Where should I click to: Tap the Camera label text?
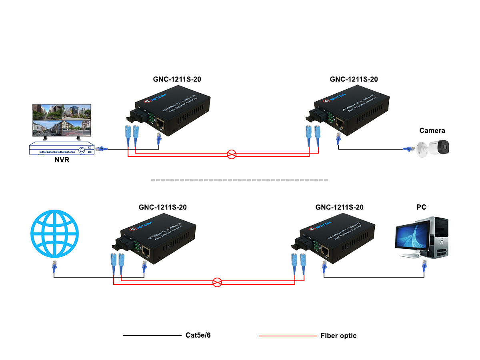(x=432, y=130)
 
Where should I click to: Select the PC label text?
(x=421, y=207)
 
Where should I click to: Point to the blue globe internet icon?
(x=55, y=234)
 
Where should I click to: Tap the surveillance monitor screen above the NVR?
(x=62, y=120)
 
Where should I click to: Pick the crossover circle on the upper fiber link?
(x=232, y=154)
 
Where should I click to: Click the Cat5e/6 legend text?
(x=198, y=335)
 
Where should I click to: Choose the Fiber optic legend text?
(x=338, y=336)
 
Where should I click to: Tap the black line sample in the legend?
(x=152, y=336)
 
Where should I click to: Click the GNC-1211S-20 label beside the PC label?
(x=339, y=207)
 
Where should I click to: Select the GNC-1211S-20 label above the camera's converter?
(x=354, y=79)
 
